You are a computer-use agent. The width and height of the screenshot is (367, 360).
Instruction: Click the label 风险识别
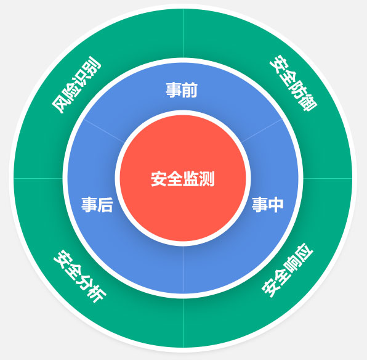(76, 85)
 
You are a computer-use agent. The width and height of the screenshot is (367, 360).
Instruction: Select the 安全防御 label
(293, 83)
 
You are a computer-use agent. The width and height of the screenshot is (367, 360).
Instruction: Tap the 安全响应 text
(287, 270)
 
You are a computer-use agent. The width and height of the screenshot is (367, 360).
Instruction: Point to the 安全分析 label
(80, 276)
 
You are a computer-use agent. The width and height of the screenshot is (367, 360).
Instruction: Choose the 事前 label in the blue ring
(182, 90)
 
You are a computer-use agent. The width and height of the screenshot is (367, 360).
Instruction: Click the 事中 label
(267, 205)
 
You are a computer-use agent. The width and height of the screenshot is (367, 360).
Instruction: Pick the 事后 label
(97, 205)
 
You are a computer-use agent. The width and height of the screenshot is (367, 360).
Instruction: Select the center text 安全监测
(183, 179)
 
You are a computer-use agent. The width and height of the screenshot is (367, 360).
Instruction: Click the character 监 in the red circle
(191, 179)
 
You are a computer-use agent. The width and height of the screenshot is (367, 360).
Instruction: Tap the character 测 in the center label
(207, 179)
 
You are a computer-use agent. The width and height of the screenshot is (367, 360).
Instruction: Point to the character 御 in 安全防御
(309, 103)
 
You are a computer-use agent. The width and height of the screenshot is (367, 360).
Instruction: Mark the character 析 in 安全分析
(96, 294)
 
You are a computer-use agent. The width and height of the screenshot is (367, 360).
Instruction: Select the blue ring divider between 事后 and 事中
(183, 269)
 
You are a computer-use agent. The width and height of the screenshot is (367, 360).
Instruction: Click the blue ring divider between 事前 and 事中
(262, 130)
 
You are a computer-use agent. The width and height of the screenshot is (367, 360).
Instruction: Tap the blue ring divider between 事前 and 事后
(103, 130)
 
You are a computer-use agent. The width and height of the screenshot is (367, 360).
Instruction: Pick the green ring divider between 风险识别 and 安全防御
(183, 33)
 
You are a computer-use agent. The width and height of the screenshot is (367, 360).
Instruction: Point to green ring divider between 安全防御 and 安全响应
(328, 178)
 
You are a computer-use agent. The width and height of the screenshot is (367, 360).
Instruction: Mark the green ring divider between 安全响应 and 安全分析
(183, 323)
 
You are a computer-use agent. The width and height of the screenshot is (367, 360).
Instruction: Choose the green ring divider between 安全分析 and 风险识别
(38, 178)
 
